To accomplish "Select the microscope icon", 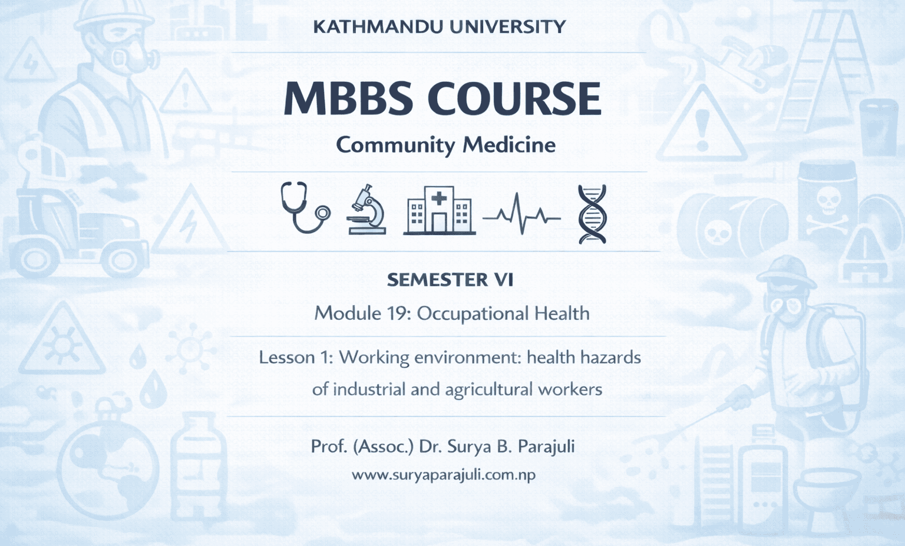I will coord(367,210).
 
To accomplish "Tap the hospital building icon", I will coord(439,211).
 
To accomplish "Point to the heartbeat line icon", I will coord(521,216).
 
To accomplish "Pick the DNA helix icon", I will coord(592,214).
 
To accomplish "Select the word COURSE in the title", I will coord(514,98).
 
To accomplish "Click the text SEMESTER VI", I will coord(450,280).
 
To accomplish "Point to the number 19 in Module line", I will coord(398,313).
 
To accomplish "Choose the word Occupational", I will coord(473,314).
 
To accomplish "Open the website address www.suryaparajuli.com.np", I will coord(444,475).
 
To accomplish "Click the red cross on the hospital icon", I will coord(439,198).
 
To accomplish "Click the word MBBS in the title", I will coord(348,98).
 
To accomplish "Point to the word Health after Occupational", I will coord(562,313).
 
